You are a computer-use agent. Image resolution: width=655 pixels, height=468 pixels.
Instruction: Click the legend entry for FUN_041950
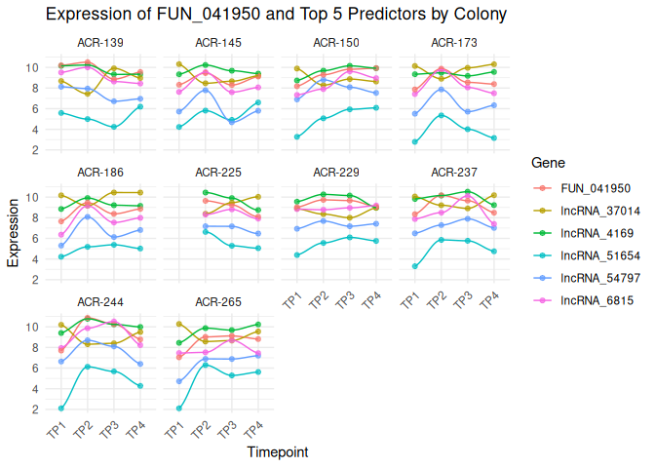point(596,188)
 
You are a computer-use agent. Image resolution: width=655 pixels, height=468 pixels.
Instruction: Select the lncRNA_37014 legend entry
point(600,211)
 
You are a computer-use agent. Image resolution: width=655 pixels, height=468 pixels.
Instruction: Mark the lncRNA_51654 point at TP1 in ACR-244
point(61,409)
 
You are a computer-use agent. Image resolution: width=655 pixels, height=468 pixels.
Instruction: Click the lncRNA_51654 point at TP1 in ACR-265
point(179,409)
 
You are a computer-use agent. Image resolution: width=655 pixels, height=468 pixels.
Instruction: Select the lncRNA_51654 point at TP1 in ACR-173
point(415,142)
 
